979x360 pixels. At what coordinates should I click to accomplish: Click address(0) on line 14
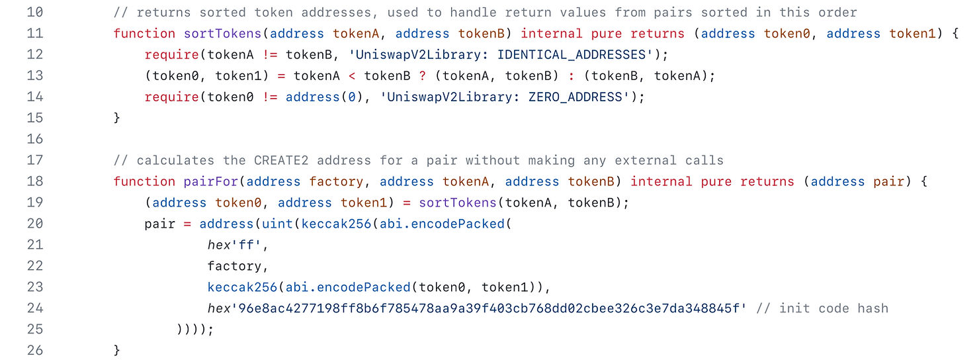click(x=320, y=97)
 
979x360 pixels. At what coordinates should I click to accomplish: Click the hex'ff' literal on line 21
click(x=238, y=245)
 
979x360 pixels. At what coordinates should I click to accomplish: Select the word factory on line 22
click(x=234, y=266)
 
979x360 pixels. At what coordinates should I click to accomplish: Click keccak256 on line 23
click(x=242, y=287)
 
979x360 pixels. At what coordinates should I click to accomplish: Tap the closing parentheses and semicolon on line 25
click(x=195, y=330)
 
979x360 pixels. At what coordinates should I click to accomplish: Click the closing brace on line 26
click(x=117, y=350)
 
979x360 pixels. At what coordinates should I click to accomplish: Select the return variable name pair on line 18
click(x=888, y=181)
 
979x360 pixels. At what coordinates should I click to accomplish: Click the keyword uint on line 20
click(x=278, y=224)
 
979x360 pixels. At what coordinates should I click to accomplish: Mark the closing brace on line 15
click(x=117, y=118)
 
